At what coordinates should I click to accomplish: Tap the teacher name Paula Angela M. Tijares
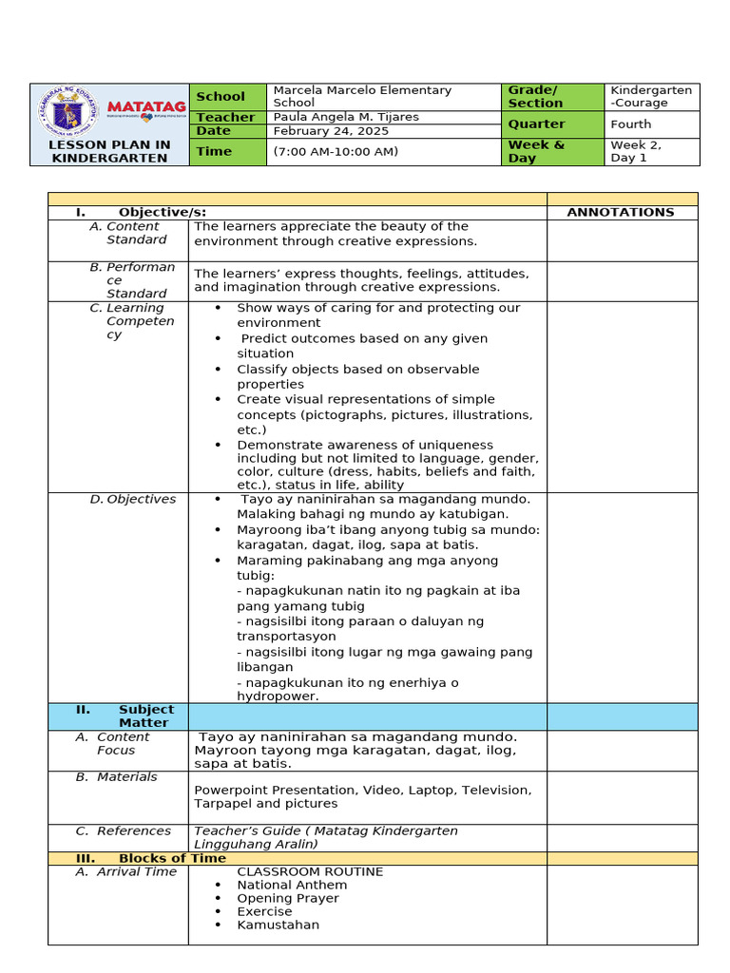(x=346, y=117)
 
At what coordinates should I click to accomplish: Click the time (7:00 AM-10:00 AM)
(x=336, y=151)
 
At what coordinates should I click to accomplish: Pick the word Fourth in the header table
(x=631, y=124)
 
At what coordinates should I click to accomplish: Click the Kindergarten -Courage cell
(x=651, y=96)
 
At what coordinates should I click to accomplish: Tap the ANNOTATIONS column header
(x=621, y=212)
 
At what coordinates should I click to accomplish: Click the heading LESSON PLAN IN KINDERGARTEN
(x=109, y=151)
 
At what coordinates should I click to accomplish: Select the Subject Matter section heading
(x=145, y=715)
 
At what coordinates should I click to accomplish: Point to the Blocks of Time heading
(x=172, y=858)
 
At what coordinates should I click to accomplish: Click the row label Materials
(x=127, y=776)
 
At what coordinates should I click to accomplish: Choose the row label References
(x=133, y=830)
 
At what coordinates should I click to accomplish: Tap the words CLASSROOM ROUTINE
(x=310, y=871)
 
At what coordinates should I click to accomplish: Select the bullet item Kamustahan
(x=278, y=925)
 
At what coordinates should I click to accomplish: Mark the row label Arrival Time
(x=136, y=871)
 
